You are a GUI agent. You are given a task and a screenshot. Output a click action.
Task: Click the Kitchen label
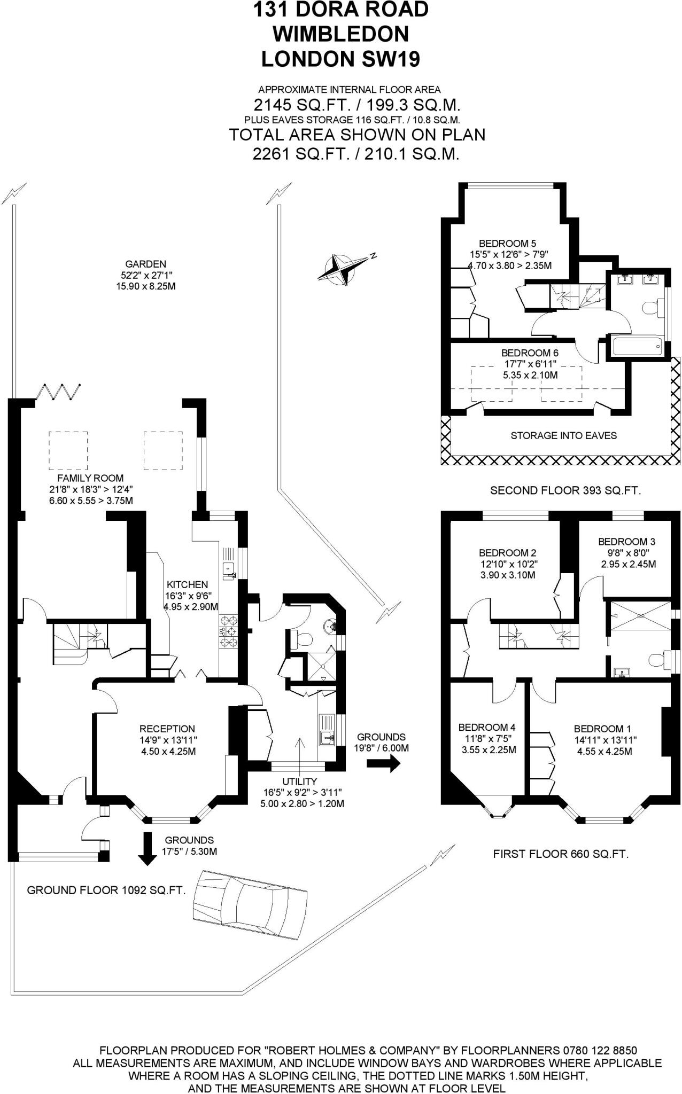tap(187, 584)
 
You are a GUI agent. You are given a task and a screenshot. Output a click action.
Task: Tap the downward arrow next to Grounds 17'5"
tap(145, 848)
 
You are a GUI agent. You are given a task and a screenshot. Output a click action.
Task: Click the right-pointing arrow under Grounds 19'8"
tap(383, 764)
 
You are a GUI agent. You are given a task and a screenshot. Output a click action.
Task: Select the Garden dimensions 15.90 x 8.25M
tap(146, 286)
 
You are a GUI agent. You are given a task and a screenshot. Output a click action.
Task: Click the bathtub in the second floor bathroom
tap(637, 346)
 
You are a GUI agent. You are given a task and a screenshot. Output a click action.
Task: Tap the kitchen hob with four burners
tap(229, 632)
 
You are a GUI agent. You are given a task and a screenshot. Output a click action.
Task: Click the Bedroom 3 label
tap(626, 541)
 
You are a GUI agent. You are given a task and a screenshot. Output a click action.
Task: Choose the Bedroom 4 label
tap(486, 727)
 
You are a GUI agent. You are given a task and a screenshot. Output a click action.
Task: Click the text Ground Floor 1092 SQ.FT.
tap(106, 890)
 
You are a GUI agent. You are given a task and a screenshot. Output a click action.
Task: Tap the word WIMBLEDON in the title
tap(340, 34)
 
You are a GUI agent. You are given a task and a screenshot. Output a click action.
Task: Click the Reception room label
tap(167, 729)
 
